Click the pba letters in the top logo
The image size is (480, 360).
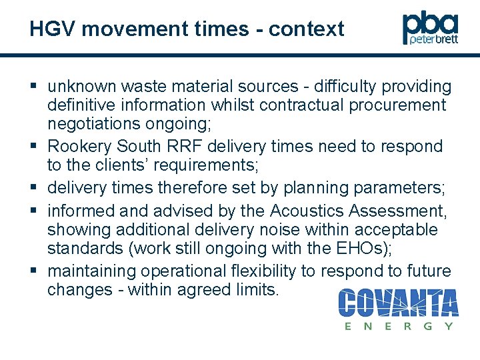(430, 25)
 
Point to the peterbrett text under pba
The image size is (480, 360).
(434, 40)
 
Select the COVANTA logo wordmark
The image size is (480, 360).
(398, 303)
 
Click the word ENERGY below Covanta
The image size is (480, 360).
(399, 326)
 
